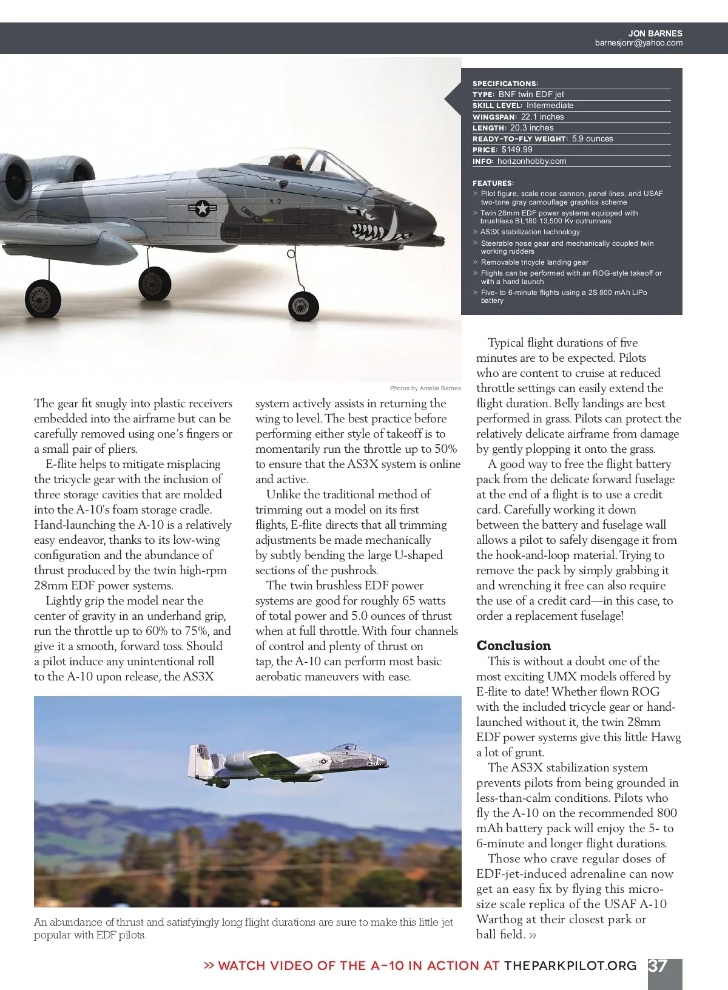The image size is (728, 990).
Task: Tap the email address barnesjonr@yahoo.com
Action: (638, 43)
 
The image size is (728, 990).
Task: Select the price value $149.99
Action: (517, 150)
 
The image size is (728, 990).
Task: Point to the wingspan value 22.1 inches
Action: (542, 117)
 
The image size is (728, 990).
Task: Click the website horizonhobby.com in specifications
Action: (531, 161)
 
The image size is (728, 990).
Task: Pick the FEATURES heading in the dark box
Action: (493, 183)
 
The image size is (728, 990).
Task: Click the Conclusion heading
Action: (513, 645)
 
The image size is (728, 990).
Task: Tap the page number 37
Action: (658, 966)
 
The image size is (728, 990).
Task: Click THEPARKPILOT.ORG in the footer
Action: (570, 966)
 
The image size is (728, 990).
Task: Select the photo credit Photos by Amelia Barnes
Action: (425, 388)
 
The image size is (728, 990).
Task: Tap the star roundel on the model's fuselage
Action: (200, 208)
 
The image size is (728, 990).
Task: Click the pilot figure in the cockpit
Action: (295, 164)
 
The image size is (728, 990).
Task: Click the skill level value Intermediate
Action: (550, 105)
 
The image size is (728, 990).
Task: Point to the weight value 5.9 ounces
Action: (592, 138)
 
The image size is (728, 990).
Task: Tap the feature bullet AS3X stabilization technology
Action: (530, 232)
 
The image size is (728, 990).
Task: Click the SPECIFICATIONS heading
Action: (505, 83)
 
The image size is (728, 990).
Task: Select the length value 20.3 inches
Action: (531, 127)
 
